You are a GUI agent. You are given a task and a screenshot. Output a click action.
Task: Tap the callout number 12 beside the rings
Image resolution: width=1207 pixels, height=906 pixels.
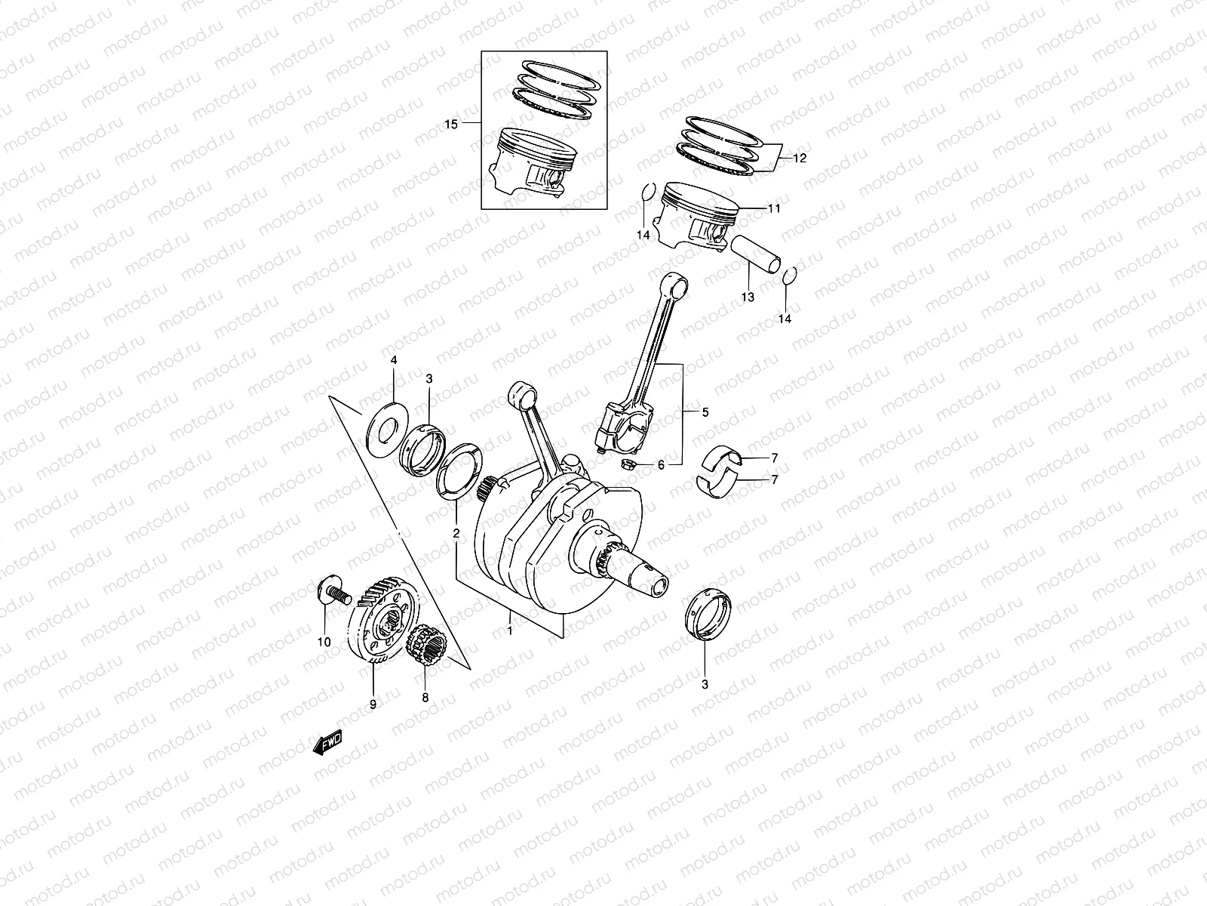coord(800,159)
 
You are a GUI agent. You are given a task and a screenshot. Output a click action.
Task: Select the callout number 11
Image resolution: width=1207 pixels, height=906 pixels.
coord(774,208)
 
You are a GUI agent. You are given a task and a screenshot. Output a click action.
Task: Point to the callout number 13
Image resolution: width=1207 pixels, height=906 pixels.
coord(748,297)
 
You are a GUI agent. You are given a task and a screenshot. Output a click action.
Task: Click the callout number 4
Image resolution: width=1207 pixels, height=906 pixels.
coord(393,362)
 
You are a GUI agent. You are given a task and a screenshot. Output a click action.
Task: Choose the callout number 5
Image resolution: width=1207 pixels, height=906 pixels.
coord(705,413)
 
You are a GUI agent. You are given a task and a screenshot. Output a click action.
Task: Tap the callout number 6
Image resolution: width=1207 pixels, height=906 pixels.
coord(661,465)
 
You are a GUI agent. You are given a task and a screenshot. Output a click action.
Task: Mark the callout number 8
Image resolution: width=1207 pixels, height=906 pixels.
coord(425,698)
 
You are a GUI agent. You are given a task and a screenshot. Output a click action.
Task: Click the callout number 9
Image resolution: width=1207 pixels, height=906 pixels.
coord(373,703)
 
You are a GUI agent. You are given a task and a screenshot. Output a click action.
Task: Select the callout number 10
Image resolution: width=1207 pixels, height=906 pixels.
coord(324,643)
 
